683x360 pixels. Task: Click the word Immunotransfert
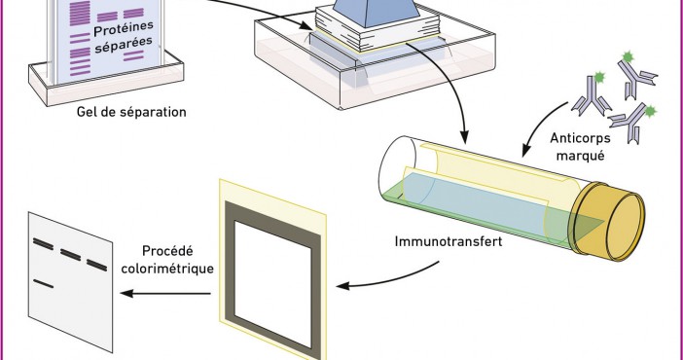449,241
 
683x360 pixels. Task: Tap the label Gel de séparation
131,112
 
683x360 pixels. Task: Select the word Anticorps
580,138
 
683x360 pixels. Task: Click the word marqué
580,155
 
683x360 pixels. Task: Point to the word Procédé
167,251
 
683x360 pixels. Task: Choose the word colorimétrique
167,269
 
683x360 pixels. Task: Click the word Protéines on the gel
124,29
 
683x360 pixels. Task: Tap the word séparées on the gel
124,46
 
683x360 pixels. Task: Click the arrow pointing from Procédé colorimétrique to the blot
165,293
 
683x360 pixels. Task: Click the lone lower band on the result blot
44,284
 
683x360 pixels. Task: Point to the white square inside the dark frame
273,284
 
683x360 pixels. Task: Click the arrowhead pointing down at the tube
465,137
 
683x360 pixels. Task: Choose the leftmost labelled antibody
592,95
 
